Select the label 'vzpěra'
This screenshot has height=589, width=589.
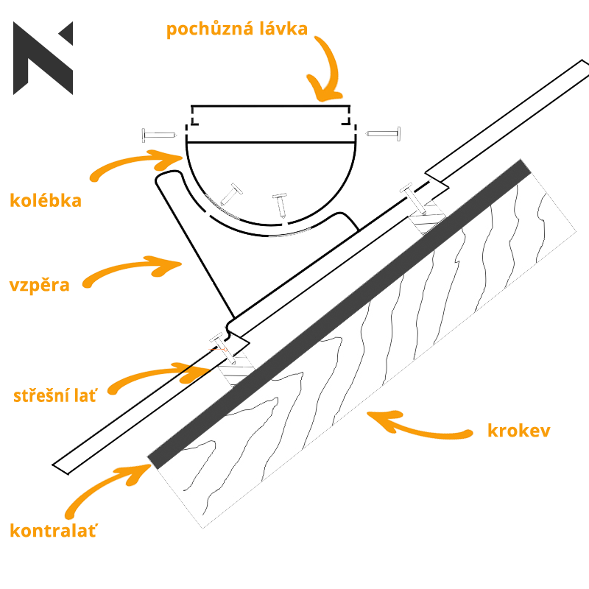point(40,285)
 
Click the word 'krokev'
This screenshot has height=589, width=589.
point(518,431)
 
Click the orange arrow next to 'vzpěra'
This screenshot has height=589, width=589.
point(133,269)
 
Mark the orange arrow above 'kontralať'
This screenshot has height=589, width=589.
point(110,486)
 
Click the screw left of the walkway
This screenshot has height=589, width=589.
point(159,135)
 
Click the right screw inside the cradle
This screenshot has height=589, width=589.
point(280,204)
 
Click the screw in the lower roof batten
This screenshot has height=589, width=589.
point(225,348)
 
